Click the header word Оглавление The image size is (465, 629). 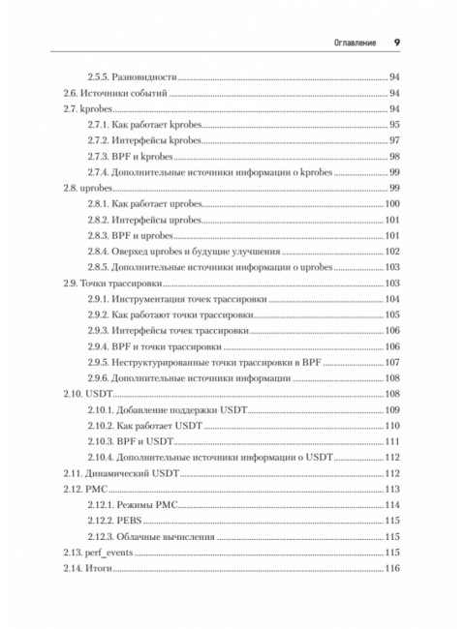click(348, 42)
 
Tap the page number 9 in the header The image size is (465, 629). click(397, 42)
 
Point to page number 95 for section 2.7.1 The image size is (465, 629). click(394, 125)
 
